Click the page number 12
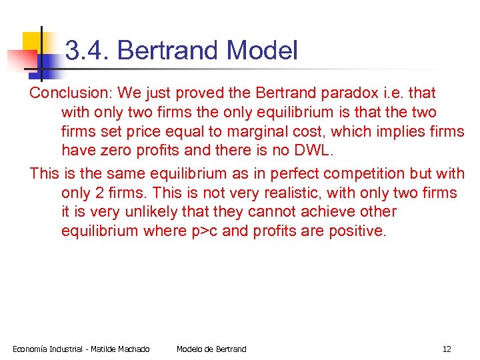[447, 349]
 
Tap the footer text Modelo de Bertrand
[211, 349]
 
